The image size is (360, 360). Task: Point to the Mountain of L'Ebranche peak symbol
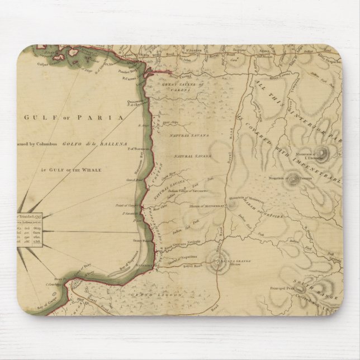(323, 151)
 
